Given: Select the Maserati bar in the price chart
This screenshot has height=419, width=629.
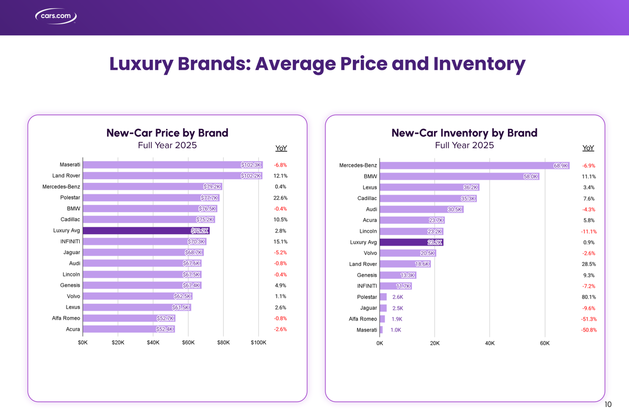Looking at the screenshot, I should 172,165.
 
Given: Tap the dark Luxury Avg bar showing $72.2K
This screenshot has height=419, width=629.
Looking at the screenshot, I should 146,230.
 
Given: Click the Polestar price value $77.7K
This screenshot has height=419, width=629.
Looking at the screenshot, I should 209,198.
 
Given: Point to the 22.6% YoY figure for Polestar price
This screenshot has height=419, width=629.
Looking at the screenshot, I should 280,198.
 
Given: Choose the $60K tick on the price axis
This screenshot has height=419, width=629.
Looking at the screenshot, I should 188,343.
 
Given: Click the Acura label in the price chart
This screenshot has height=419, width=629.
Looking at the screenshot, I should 73,329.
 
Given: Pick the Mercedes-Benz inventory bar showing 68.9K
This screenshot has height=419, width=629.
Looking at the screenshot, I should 474,166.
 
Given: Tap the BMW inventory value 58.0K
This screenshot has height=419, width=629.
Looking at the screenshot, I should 530,177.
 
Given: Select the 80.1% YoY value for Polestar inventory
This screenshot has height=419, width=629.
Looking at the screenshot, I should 589,297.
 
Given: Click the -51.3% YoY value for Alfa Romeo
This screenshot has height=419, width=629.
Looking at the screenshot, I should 589,319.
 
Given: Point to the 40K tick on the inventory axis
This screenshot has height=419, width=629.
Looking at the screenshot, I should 489,344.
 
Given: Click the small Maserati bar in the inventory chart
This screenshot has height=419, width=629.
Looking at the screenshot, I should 381,330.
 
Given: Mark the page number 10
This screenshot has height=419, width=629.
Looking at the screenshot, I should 608,404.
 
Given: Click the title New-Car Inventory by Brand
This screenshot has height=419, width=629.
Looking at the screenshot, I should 464,133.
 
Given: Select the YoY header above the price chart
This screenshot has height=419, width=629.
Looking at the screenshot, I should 281,148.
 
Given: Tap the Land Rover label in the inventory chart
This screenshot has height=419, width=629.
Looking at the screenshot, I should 363,264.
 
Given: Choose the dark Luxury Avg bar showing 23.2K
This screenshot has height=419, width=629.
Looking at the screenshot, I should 411,242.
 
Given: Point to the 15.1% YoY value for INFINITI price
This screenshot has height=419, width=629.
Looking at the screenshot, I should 280,242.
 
